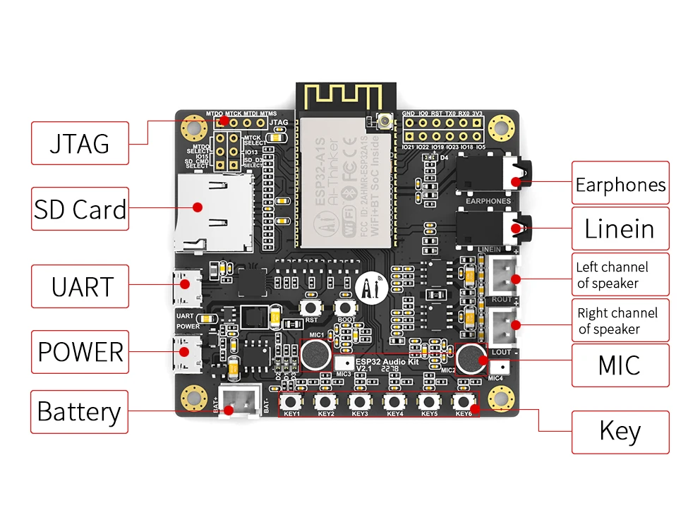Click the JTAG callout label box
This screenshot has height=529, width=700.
(80, 143)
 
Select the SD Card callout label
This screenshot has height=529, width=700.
(80, 209)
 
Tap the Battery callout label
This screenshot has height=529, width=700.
(79, 412)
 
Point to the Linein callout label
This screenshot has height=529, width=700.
(620, 229)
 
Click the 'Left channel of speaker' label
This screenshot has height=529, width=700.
(620, 275)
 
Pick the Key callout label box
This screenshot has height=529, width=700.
(620, 431)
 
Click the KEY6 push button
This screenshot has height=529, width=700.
(463, 401)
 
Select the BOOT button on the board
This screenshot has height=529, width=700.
(345, 308)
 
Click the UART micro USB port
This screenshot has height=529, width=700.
(184, 286)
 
